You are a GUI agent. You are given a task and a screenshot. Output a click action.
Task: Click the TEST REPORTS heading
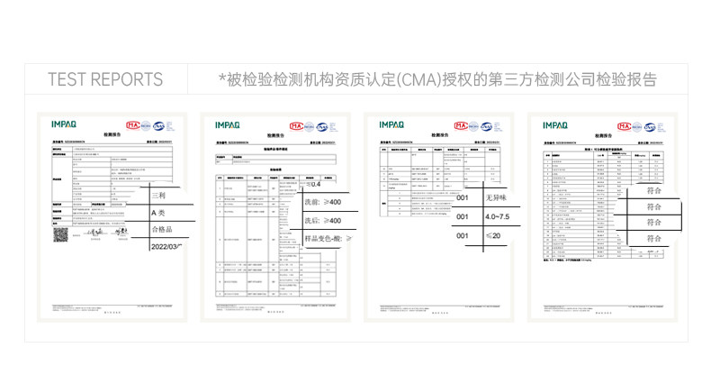pyautogui.click(x=105, y=79)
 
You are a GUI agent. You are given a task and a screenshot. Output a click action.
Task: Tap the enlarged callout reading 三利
pyautogui.click(x=158, y=196)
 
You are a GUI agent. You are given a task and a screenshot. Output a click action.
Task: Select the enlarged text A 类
pyautogui.click(x=159, y=213)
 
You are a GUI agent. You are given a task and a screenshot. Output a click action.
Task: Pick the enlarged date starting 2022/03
pyautogui.click(x=166, y=246)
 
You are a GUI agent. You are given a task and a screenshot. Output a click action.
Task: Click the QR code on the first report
pyautogui.click(x=60, y=234)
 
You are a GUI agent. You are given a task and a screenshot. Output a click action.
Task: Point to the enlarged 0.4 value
pyautogui.click(x=314, y=185)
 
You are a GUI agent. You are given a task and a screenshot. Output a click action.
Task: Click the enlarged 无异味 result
pyautogui.click(x=497, y=198)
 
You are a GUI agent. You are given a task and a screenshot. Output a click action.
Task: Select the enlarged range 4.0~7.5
pyautogui.click(x=497, y=217)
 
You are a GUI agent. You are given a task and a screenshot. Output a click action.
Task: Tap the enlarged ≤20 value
pyautogui.click(x=493, y=236)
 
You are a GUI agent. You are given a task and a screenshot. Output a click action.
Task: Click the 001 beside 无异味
pyautogui.click(x=463, y=198)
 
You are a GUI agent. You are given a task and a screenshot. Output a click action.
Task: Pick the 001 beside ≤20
pyautogui.click(x=463, y=236)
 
